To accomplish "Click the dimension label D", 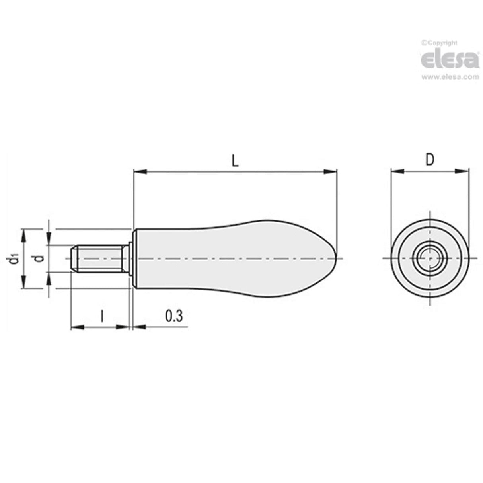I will click(429, 159).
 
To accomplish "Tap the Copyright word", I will click(442, 43).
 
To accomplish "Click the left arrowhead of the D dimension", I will click(397, 171).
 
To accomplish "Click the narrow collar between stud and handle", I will click(130, 259).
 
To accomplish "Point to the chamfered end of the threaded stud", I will click(73, 259).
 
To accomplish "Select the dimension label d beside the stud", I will click(39, 259).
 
